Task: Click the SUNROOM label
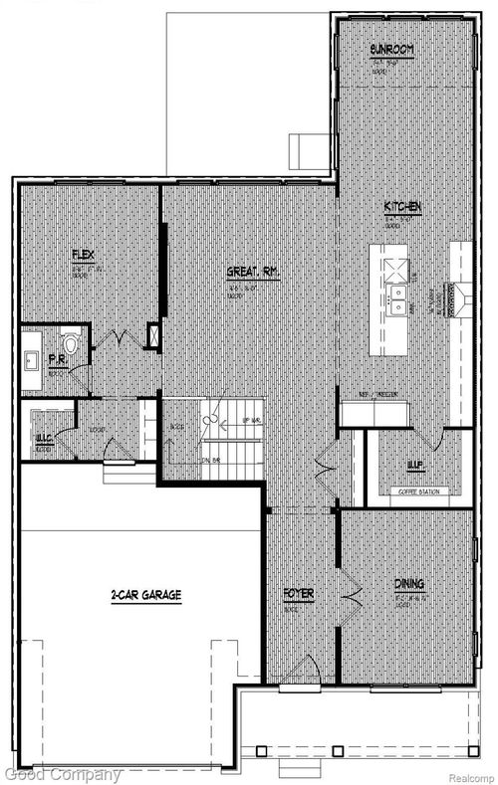click(x=390, y=49)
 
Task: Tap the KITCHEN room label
click(x=404, y=207)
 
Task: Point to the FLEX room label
click(x=83, y=256)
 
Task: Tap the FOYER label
click(x=299, y=594)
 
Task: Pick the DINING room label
click(x=408, y=587)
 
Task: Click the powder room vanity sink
click(x=31, y=359)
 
